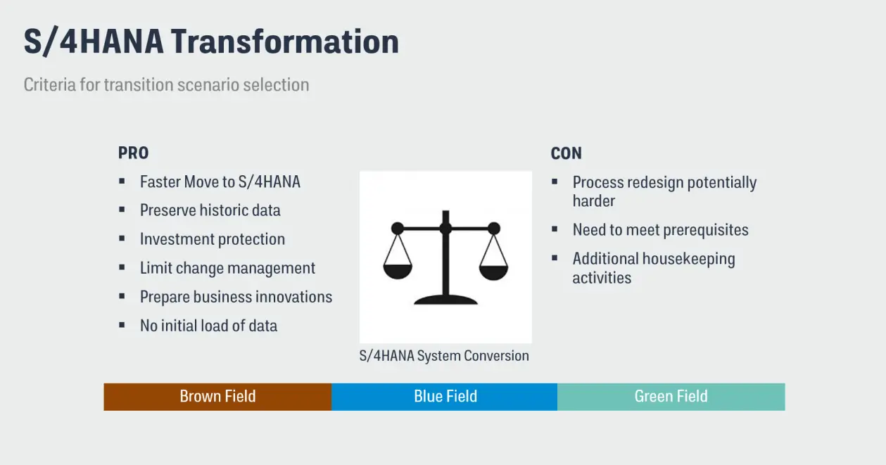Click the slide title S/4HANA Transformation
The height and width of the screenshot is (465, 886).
click(211, 42)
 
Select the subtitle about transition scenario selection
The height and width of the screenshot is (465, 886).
click(166, 84)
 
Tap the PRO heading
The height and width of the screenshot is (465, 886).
click(133, 153)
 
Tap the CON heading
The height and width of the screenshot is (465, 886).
click(566, 153)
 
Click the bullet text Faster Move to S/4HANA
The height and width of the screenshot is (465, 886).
click(220, 181)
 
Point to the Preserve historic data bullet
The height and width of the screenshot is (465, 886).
click(210, 210)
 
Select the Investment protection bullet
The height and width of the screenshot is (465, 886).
click(212, 239)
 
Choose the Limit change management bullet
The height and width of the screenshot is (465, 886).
click(227, 268)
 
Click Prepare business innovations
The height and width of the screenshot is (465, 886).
click(236, 297)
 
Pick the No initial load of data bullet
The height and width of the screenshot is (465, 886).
click(208, 326)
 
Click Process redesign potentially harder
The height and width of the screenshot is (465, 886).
click(664, 191)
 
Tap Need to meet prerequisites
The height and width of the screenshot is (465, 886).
click(660, 230)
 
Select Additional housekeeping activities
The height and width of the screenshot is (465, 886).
click(653, 268)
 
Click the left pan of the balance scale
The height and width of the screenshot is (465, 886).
click(398, 269)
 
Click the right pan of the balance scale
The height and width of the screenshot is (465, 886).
click(493, 269)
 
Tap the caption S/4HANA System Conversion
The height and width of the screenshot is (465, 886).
click(444, 356)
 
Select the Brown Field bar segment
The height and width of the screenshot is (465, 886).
click(217, 397)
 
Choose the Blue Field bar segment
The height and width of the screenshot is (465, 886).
click(445, 397)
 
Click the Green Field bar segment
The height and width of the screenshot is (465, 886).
click(671, 397)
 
